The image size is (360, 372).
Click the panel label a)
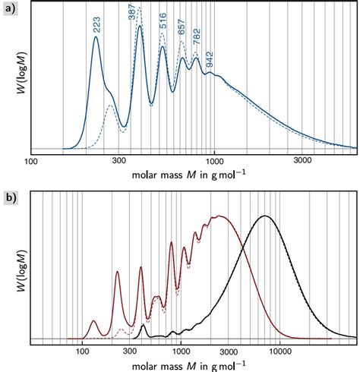point(10,8)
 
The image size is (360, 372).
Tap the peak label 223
point(96,25)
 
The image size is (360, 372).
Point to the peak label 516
point(163,21)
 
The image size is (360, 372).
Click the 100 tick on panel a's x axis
point(31,161)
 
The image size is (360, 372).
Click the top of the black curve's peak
point(264,216)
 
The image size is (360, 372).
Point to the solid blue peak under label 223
point(96,38)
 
